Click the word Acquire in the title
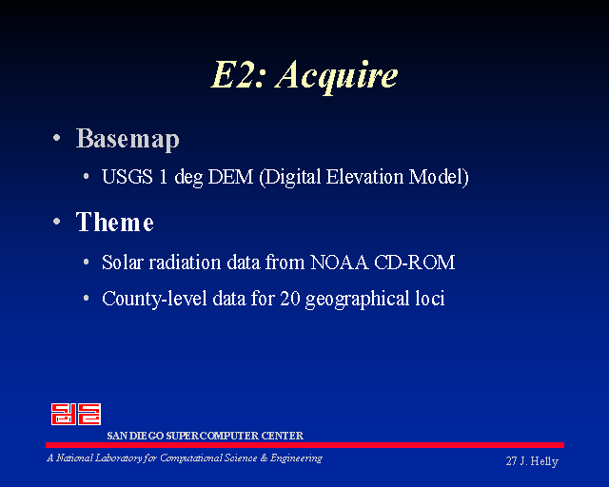point(337,76)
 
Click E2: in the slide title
point(239,74)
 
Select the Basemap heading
point(128,139)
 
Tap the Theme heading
point(115,222)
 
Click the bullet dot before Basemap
point(57,138)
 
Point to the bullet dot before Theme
point(57,222)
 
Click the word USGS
point(127,177)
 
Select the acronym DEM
point(230,177)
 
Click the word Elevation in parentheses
point(364,177)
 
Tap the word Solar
point(123,263)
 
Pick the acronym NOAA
point(339,263)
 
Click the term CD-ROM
point(415,263)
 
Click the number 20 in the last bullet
point(289,299)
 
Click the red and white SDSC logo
point(76,414)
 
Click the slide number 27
point(511,461)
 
